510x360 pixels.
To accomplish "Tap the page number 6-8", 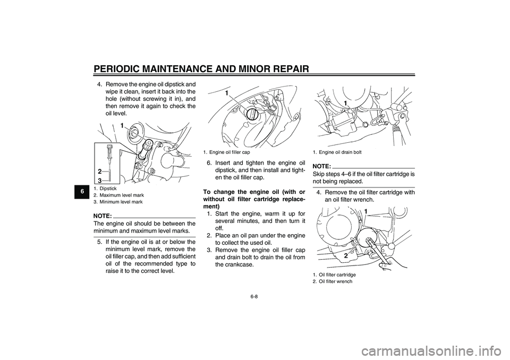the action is [254, 296].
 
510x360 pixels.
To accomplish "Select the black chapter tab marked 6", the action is [83, 192].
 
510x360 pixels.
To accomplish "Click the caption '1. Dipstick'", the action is [105, 188].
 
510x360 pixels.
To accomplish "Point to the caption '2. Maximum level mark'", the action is [118, 195].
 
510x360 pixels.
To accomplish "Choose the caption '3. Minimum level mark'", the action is [118, 202].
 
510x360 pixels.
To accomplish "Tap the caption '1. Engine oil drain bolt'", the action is [337, 152].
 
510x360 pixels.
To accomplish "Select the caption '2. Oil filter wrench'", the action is [333, 281].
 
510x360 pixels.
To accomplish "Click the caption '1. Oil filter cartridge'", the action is [334, 275].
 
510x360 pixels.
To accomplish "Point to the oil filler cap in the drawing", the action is [252, 115].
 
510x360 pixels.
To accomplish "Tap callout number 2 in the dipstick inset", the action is [99, 172].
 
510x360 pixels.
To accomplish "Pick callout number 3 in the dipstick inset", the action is [99, 180].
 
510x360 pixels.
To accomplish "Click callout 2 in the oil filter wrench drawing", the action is [346, 255].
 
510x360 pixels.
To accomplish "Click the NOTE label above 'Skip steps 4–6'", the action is [322, 167].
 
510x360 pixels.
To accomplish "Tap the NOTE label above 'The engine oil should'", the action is [103, 216].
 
